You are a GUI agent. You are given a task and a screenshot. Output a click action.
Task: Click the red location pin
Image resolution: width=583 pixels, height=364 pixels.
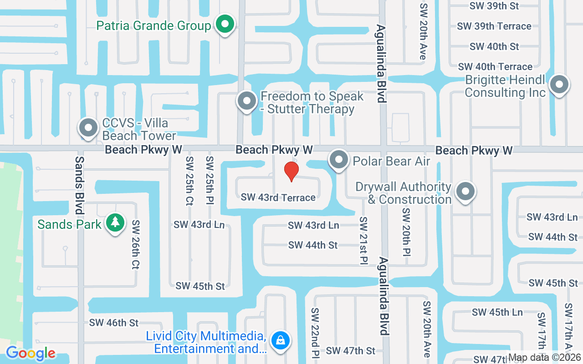coord(291,171)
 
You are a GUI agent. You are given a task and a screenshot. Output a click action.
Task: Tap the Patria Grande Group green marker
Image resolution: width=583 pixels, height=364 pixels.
coord(224,25)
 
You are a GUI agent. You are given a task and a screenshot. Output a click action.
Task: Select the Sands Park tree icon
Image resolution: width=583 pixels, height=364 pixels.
coord(116,223)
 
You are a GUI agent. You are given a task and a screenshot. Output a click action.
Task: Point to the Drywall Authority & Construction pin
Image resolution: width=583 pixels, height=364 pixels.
coord(465,192)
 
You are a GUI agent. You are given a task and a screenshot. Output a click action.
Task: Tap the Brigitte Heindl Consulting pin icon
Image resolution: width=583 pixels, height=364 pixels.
coord(559,85)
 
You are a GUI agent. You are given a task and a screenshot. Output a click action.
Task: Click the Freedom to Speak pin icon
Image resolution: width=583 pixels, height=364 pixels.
coord(247,101)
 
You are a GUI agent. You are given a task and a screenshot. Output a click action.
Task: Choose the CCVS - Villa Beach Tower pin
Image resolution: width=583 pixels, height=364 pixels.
coord(88,128)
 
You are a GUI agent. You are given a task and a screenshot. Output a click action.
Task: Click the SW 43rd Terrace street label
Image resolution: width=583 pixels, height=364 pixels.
coord(278,197)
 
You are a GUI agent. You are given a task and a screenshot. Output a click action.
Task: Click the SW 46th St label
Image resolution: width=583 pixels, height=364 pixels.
coord(114,323)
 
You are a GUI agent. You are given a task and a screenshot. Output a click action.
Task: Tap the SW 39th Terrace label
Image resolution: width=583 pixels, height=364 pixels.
coord(494,26)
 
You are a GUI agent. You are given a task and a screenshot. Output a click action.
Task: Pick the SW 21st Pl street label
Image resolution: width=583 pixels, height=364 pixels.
coord(363,239)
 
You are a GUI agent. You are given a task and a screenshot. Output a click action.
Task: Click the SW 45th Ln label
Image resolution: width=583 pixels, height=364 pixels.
coord(497,312)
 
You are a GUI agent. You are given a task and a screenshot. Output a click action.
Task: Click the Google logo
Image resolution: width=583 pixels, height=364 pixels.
coord(31,353)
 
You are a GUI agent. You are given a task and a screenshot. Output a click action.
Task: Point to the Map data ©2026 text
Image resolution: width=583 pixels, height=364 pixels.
coord(545,358)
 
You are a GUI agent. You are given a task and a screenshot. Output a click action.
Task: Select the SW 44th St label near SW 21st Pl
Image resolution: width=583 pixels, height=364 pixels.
coord(313,245)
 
